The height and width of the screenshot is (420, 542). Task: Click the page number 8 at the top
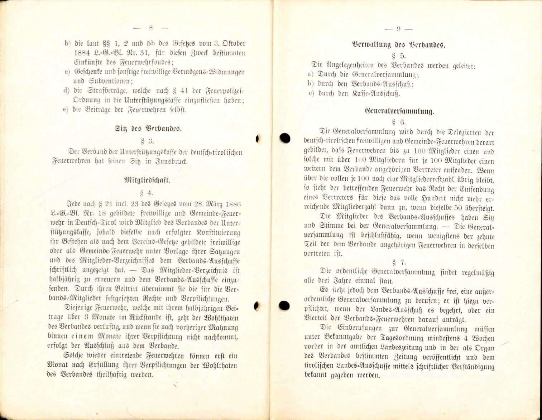(x=150, y=27)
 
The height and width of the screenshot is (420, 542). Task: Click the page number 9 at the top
(x=398, y=29)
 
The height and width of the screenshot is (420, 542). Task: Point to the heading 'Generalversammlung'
(x=399, y=111)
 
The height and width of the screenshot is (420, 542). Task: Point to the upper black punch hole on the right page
(x=285, y=138)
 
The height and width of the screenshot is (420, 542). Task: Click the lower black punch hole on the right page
(x=284, y=305)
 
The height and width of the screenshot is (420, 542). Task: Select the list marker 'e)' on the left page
(x=66, y=110)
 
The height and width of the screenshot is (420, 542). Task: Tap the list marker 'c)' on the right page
(x=311, y=94)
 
